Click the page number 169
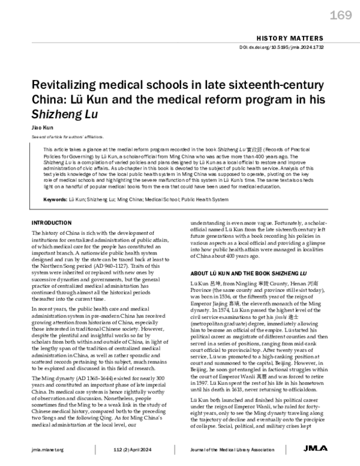[336, 15]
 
